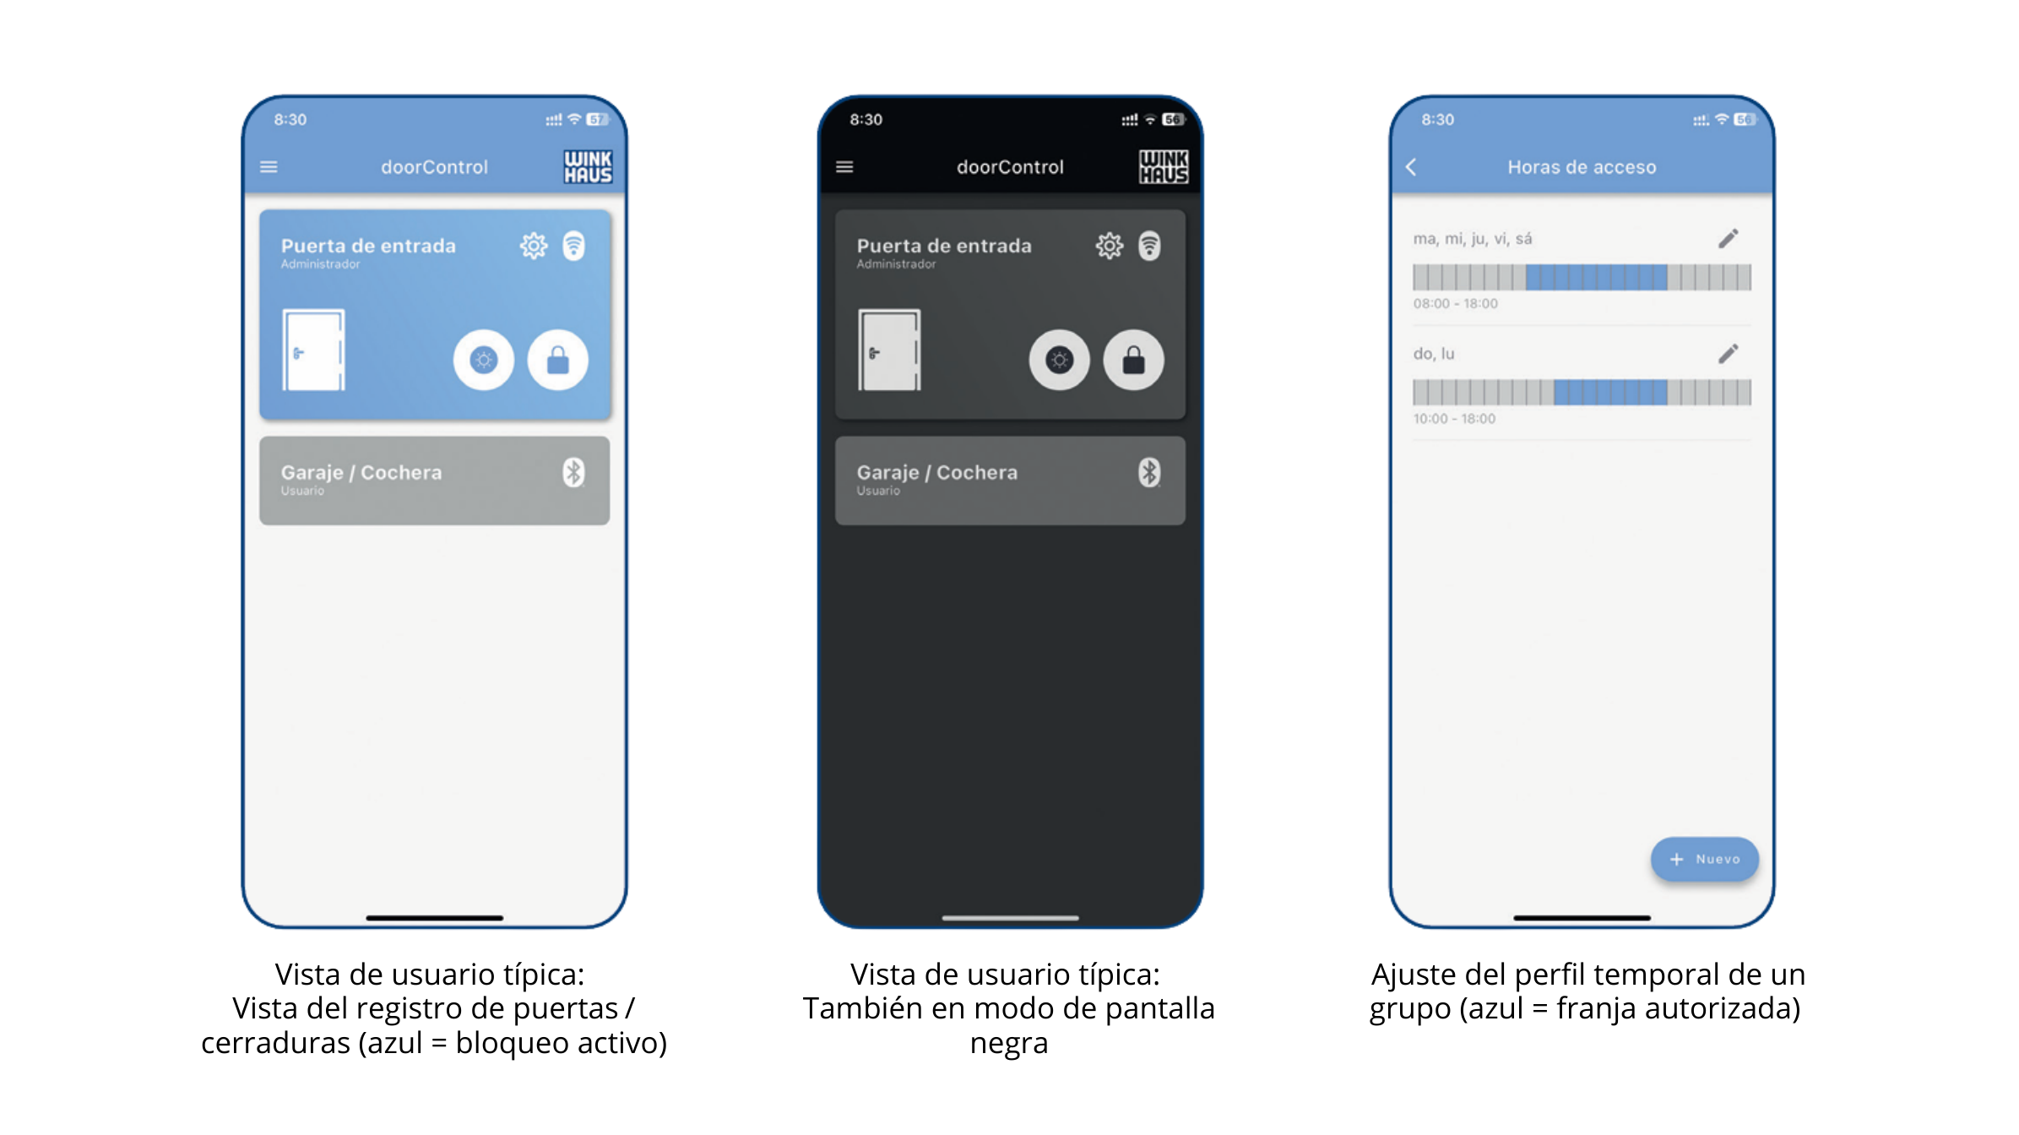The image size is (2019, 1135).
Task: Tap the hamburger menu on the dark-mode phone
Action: pyautogui.click(x=844, y=167)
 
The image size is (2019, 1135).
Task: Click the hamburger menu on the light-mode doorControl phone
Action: pyautogui.click(x=269, y=167)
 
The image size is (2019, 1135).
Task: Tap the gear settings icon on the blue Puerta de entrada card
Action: pyautogui.click(x=534, y=246)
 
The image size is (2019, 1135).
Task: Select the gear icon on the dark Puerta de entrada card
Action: pyautogui.click(x=1110, y=246)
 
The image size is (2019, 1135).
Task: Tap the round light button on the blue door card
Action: pyautogui.click(x=484, y=360)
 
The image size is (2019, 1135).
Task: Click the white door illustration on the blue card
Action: pyautogui.click(x=313, y=350)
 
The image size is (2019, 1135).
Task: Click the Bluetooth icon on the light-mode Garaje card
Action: pyautogui.click(x=574, y=472)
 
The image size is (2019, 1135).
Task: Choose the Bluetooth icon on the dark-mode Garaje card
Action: pyautogui.click(x=1149, y=472)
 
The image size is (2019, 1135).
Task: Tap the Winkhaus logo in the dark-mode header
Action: pyautogui.click(x=1164, y=166)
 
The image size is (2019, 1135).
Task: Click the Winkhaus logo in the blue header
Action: pyautogui.click(x=589, y=166)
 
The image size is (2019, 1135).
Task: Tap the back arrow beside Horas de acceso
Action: pyautogui.click(x=1411, y=167)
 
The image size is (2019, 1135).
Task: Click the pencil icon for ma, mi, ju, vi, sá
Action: pyautogui.click(x=1729, y=239)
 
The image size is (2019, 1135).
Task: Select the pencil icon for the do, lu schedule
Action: pyautogui.click(x=1729, y=354)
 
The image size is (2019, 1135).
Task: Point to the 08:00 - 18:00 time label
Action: pyautogui.click(x=1456, y=304)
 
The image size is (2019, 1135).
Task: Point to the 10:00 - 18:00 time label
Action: pyautogui.click(x=1454, y=419)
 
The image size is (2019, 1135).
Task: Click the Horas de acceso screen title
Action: pyautogui.click(x=1582, y=167)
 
